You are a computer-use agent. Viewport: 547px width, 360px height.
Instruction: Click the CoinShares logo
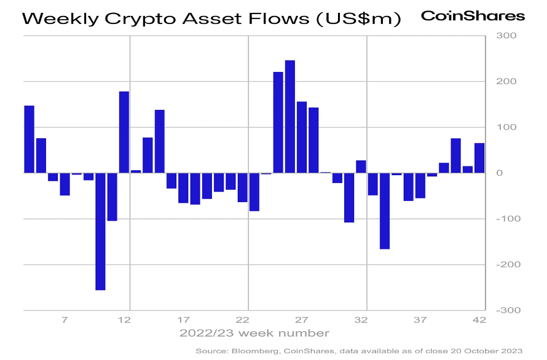tap(473, 16)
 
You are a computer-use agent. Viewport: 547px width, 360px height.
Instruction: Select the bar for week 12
tap(124, 132)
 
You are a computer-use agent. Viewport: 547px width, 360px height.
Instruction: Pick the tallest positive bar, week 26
tap(290, 117)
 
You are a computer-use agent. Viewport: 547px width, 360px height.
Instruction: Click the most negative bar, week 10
tap(100, 231)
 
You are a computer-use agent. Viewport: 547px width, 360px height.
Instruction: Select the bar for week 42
tap(479, 158)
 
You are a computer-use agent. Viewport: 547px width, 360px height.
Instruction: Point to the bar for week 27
tap(302, 137)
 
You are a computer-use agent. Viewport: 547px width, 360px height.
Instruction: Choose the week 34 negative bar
tap(385, 211)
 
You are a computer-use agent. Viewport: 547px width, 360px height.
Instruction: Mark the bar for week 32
tap(361, 166)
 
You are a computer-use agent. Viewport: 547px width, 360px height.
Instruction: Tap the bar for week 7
tap(65, 184)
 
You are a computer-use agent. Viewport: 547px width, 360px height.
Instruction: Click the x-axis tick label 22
tap(242, 319)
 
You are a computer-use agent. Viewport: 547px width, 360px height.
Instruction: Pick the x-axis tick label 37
tap(420, 319)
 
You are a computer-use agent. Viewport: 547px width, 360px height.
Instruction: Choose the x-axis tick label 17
tap(183, 319)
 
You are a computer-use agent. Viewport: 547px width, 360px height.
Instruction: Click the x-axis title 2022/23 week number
tap(254, 334)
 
